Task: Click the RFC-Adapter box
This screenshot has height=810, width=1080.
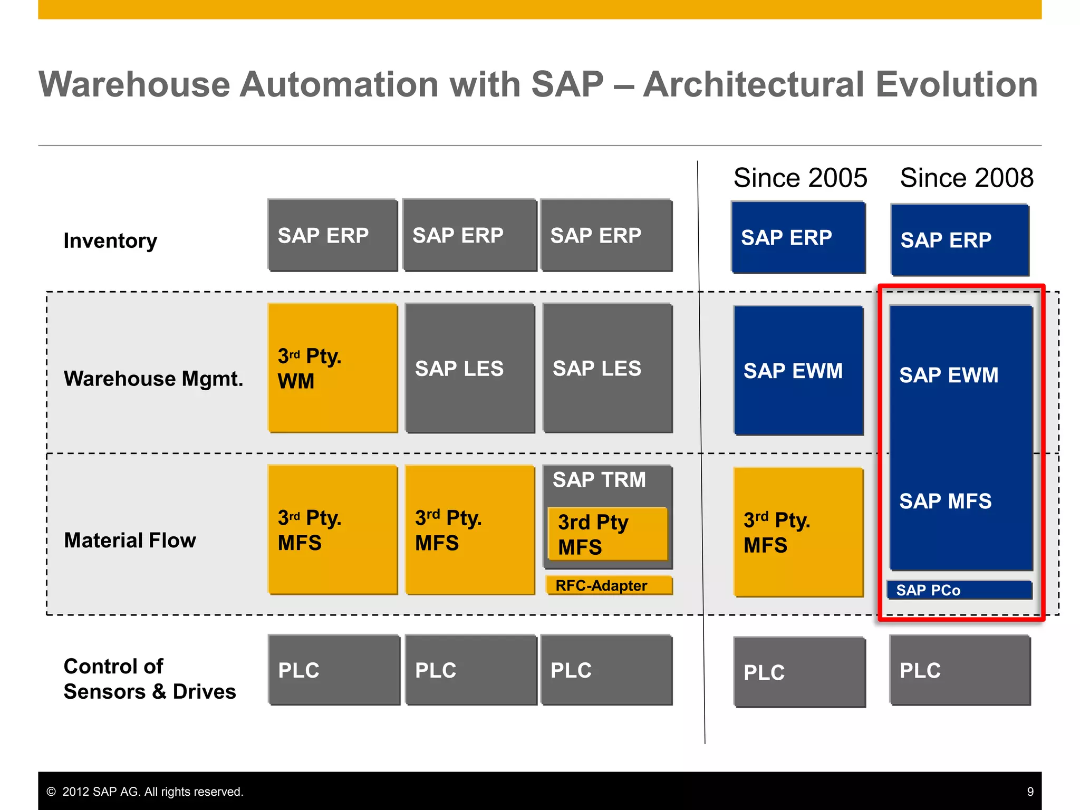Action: [609, 585]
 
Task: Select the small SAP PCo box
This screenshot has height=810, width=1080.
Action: [959, 590]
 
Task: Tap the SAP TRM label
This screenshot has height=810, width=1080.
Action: [599, 480]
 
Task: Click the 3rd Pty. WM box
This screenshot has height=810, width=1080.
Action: [332, 368]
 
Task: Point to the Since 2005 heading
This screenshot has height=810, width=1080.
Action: [800, 178]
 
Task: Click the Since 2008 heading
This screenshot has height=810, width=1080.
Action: [966, 178]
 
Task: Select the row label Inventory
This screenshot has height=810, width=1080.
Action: [110, 240]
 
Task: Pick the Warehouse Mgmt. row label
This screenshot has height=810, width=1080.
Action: [153, 379]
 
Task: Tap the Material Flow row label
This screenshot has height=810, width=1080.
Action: [130, 541]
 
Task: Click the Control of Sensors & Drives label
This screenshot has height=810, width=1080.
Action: [149, 679]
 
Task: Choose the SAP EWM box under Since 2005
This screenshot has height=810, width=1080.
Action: [798, 370]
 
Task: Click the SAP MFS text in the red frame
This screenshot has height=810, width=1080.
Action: [945, 501]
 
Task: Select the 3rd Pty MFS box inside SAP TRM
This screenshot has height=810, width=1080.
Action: [607, 534]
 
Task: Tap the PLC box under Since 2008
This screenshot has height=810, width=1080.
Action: [960, 670]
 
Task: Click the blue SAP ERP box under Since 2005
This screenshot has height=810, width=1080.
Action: [798, 237]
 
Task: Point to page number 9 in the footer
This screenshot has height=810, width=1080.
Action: [1030, 792]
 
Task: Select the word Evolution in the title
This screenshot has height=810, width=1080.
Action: [957, 84]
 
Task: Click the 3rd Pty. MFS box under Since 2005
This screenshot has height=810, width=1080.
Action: [798, 533]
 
